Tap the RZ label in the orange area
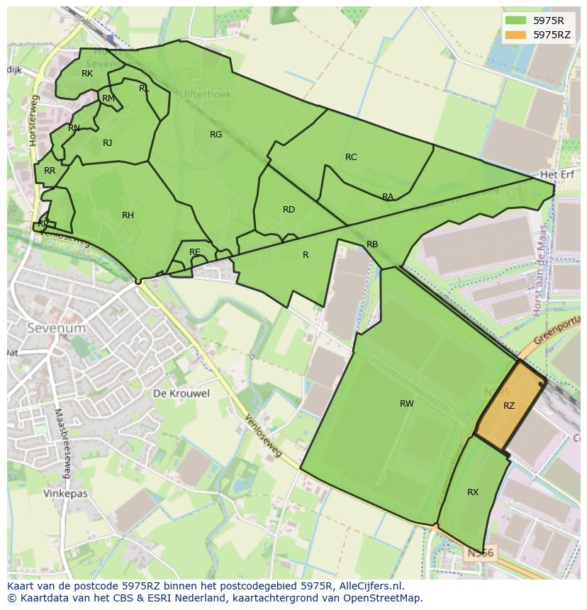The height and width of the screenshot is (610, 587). point(509,406)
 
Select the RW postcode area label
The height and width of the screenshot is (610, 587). point(406,404)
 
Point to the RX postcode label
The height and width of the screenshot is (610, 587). point(473,492)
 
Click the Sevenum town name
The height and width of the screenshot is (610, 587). point(56,329)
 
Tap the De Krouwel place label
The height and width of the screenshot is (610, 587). point(181,393)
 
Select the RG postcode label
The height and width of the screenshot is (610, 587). point(216,135)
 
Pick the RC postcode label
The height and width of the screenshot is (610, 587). point(351,157)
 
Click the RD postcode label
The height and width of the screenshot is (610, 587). point(289,210)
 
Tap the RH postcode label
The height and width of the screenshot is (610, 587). point(128,215)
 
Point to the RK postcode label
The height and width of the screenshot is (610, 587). point(87,74)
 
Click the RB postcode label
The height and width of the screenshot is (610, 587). point(372,244)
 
